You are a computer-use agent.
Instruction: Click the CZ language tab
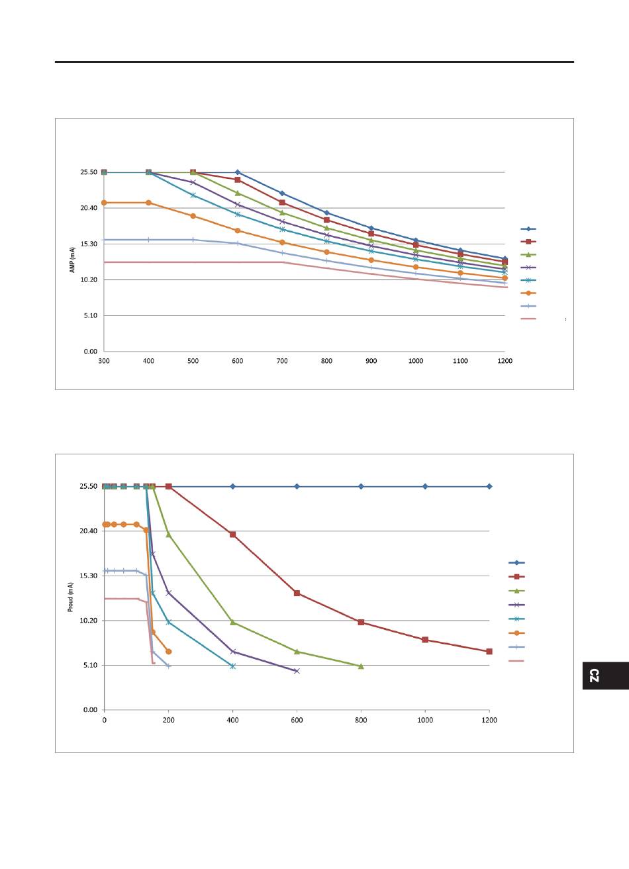click(595, 676)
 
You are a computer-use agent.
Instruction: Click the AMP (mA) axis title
click(73, 260)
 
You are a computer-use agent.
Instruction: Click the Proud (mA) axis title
click(71, 597)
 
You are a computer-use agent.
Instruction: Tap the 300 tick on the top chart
click(104, 361)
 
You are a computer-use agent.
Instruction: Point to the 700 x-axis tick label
click(282, 361)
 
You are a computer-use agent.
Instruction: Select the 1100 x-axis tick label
click(460, 361)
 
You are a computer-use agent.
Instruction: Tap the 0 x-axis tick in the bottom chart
click(104, 720)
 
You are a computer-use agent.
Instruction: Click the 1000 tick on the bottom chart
click(425, 720)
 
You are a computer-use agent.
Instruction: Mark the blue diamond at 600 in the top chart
click(238, 172)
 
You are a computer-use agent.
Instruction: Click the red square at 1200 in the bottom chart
click(489, 652)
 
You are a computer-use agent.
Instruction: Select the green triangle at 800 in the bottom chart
click(361, 666)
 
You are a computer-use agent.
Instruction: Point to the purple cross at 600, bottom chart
click(297, 671)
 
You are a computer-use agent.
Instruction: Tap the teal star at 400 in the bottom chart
click(232, 666)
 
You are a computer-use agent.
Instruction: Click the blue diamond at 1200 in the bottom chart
click(489, 486)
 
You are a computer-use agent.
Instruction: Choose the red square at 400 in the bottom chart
click(232, 535)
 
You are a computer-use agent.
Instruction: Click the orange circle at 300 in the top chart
click(104, 203)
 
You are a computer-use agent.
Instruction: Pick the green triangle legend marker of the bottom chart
click(516, 591)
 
